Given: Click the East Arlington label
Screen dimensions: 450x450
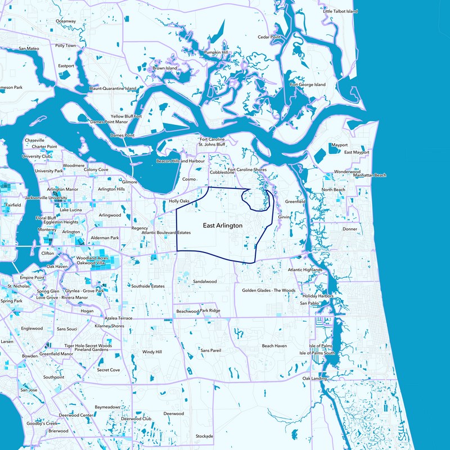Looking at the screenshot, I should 222,226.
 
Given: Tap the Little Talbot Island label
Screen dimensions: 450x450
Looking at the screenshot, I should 340,11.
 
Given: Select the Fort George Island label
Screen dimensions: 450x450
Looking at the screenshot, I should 307,85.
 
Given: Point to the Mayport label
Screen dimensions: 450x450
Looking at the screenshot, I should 340,145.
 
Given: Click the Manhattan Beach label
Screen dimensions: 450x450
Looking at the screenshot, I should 370,175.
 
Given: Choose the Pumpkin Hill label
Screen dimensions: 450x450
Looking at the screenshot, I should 216,52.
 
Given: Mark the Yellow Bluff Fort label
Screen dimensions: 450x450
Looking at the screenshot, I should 127,116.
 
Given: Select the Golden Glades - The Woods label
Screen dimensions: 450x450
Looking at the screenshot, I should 269,291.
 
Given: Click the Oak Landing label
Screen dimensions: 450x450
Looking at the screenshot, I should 314,379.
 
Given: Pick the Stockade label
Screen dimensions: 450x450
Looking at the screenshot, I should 204,436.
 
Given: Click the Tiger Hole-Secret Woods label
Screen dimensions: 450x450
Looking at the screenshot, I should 88,345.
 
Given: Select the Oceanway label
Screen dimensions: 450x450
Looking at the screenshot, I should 65,21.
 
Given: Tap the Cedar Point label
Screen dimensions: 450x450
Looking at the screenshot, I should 269,37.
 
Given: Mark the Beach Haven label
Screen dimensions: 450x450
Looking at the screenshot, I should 274,346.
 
